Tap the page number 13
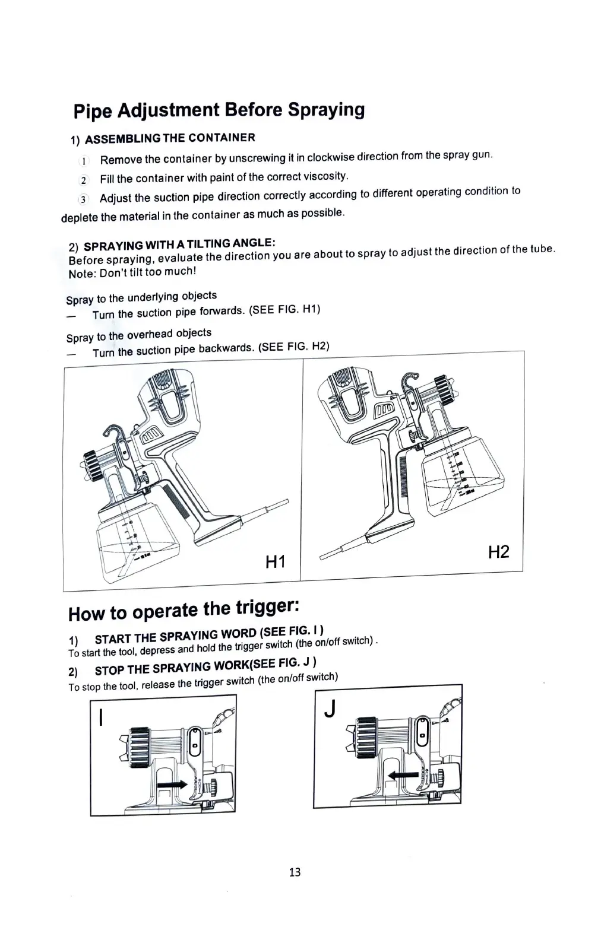tap(295, 872)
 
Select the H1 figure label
tap(275, 561)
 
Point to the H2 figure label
tap(498, 552)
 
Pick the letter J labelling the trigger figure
tap(331, 708)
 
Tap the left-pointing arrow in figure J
tap(402, 774)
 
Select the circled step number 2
tap(84, 180)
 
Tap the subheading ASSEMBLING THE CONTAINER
tap(170, 139)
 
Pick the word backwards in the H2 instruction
tap(226, 348)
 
